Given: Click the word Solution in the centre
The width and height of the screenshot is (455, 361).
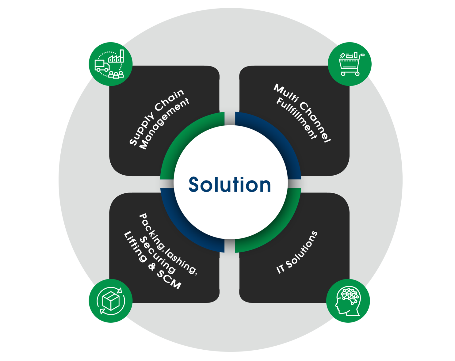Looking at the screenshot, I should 230,185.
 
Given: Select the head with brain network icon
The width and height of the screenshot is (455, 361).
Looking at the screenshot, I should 348,301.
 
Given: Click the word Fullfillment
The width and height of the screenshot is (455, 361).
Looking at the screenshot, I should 296,118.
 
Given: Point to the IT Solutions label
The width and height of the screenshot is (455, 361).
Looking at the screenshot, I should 297,252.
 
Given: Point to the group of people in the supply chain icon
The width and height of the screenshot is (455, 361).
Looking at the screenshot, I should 116,74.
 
